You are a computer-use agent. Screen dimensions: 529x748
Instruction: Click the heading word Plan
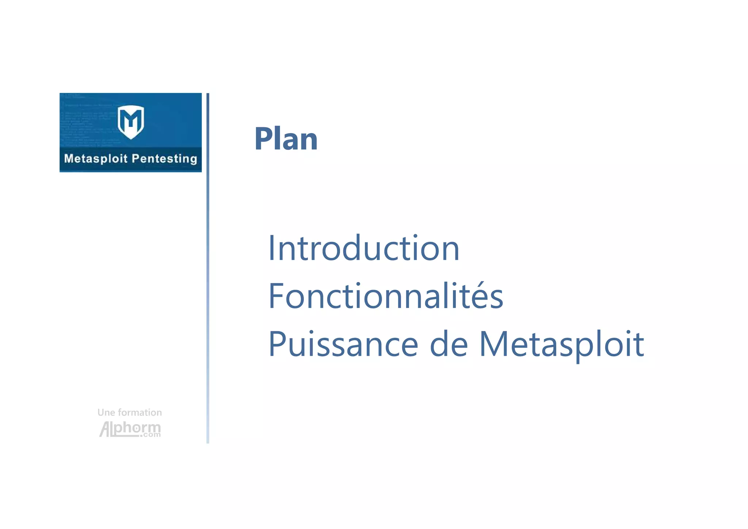286,139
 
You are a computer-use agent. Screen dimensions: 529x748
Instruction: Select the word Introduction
363,248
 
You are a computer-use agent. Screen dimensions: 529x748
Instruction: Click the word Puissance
343,344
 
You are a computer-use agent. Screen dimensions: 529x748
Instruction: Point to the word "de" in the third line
449,344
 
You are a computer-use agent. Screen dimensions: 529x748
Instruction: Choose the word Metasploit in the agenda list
561,344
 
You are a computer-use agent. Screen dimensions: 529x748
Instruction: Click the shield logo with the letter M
131,122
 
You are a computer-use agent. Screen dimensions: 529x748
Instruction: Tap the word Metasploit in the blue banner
96,159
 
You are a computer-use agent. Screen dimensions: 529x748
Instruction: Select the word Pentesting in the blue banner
164,159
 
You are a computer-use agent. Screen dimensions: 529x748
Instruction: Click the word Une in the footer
106,412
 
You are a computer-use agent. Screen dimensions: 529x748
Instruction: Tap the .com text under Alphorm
150,435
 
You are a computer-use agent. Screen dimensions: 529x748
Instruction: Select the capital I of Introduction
271,248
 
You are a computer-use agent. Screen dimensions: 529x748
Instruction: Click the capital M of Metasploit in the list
493,344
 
